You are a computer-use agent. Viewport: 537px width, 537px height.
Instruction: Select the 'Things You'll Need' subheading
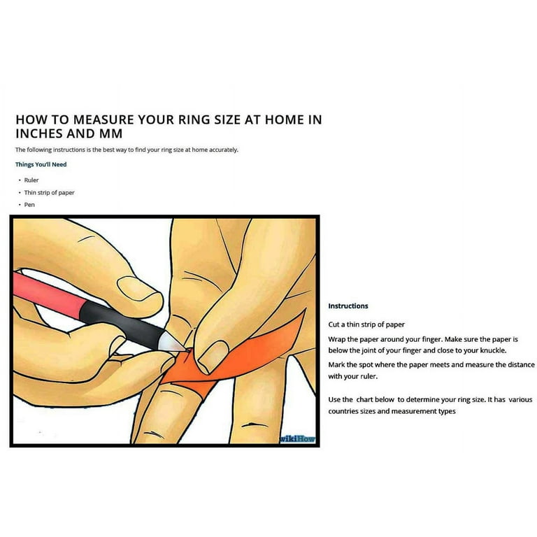[41, 164]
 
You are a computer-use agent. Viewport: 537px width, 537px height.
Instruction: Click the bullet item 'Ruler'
[31, 180]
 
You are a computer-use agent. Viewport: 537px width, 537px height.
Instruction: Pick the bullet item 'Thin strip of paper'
[49, 192]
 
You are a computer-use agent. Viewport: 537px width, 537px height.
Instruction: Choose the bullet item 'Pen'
[29, 205]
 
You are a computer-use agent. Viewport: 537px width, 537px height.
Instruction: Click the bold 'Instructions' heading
[348, 306]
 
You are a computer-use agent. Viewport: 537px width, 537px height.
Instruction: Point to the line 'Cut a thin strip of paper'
[366, 324]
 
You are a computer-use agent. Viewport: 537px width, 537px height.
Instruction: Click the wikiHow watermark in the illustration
[297, 439]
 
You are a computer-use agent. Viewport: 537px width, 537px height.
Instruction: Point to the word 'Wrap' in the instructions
[337, 338]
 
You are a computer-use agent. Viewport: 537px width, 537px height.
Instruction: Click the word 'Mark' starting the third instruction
[337, 365]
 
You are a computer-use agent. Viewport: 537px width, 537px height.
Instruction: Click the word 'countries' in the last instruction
[345, 411]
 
